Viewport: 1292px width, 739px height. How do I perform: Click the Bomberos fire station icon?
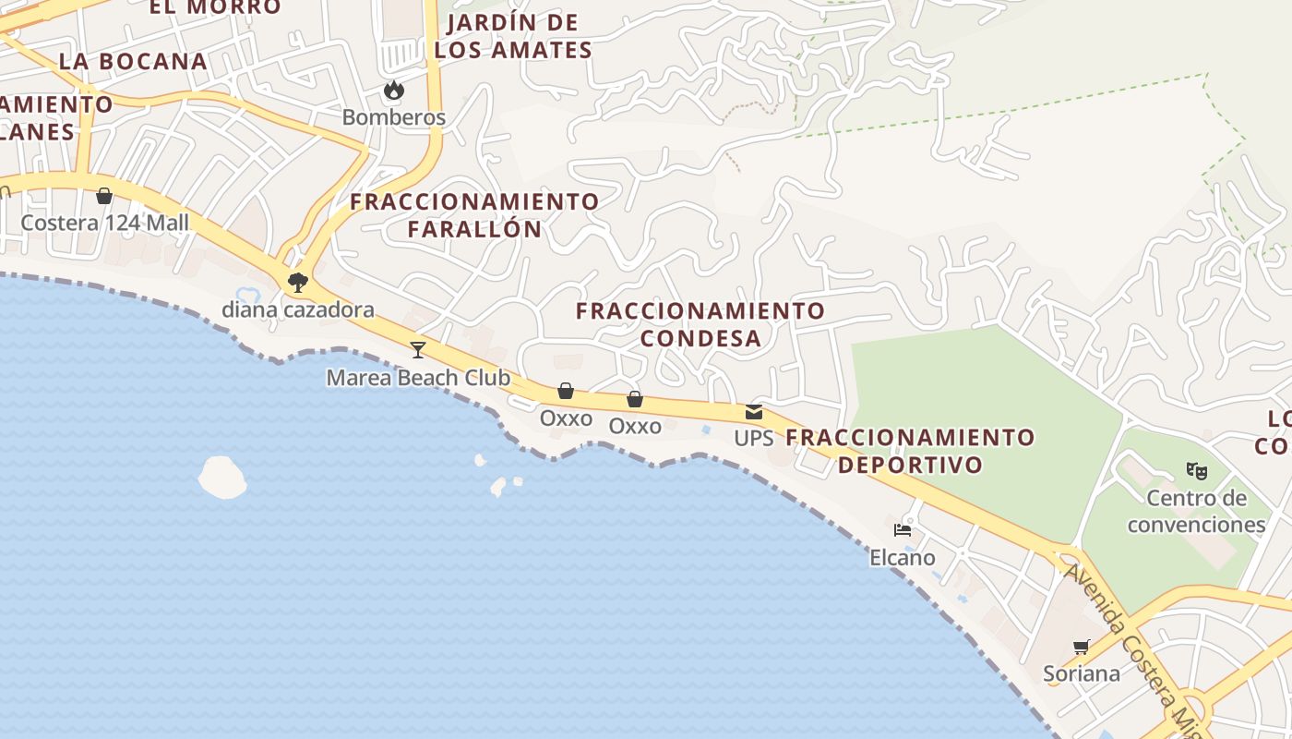coord(394,91)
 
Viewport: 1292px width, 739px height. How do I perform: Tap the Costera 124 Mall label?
coord(104,223)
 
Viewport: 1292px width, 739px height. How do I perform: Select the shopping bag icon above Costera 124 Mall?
coord(104,196)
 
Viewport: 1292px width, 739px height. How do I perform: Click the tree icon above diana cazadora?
coord(297,282)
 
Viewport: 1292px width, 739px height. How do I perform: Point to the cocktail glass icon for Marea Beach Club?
coord(418,349)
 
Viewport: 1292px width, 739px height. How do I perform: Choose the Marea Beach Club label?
coord(418,378)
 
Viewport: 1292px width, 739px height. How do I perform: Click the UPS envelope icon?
coord(754,412)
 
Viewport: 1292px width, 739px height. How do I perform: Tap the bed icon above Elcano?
coord(903,530)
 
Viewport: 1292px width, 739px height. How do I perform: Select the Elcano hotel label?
coord(903,558)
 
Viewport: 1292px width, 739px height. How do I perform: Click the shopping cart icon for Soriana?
coord(1082,647)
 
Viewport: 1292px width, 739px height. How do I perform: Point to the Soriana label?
coord(1082,673)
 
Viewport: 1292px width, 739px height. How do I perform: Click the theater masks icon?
coord(1197,471)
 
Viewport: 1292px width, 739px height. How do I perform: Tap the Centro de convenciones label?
coord(1197,512)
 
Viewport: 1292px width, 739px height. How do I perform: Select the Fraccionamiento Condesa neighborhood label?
coord(700,324)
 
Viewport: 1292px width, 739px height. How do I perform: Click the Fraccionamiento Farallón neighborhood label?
coord(474,215)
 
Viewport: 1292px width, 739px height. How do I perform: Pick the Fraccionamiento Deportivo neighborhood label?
coord(910,450)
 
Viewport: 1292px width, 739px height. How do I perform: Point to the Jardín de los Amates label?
coord(513,36)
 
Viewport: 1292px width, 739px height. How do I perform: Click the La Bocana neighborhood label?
coord(133,61)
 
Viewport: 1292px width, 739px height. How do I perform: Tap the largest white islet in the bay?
coord(222,477)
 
